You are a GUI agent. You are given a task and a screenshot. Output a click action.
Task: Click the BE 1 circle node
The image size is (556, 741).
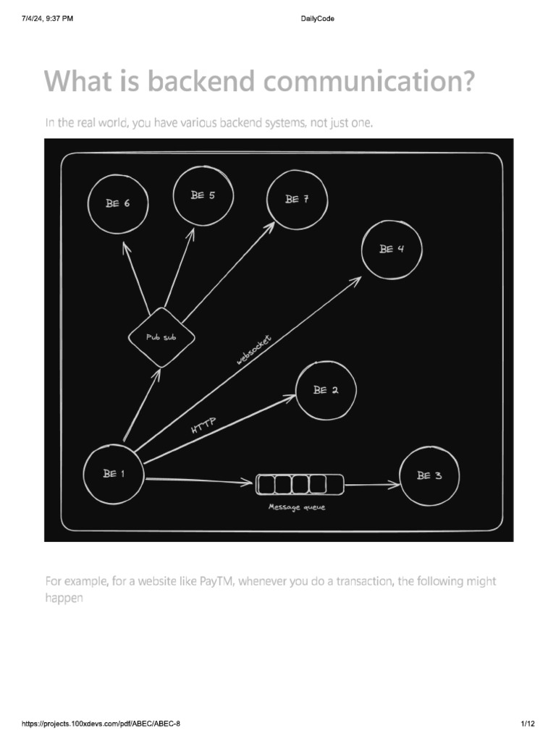coord(114,475)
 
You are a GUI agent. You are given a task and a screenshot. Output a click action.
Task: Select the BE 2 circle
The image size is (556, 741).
coord(326,391)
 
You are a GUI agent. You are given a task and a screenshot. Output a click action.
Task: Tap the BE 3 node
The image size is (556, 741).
coord(429,476)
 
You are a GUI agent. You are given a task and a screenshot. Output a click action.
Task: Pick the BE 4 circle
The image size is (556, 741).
coord(392,250)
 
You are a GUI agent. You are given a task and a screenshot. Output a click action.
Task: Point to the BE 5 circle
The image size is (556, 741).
coord(203,196)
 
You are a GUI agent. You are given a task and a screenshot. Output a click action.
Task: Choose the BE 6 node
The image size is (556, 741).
coord(117,204)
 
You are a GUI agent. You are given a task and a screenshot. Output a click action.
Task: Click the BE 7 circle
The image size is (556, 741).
coord(297,200)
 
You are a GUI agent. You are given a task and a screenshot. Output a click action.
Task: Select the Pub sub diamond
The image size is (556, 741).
coord(161,337)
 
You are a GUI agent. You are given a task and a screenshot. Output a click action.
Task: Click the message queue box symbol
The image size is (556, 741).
coord(300,484)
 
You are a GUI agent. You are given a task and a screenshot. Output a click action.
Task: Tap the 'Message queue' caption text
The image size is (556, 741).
coord(297,507)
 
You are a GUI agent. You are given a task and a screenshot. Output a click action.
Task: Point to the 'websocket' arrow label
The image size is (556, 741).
coord(253,350)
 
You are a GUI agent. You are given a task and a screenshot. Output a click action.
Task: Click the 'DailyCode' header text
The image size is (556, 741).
coord(316,18)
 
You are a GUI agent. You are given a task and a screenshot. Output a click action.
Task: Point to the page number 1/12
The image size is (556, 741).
coord(526,724)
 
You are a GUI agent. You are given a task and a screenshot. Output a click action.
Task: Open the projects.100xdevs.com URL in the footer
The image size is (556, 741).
coord(101,724)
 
